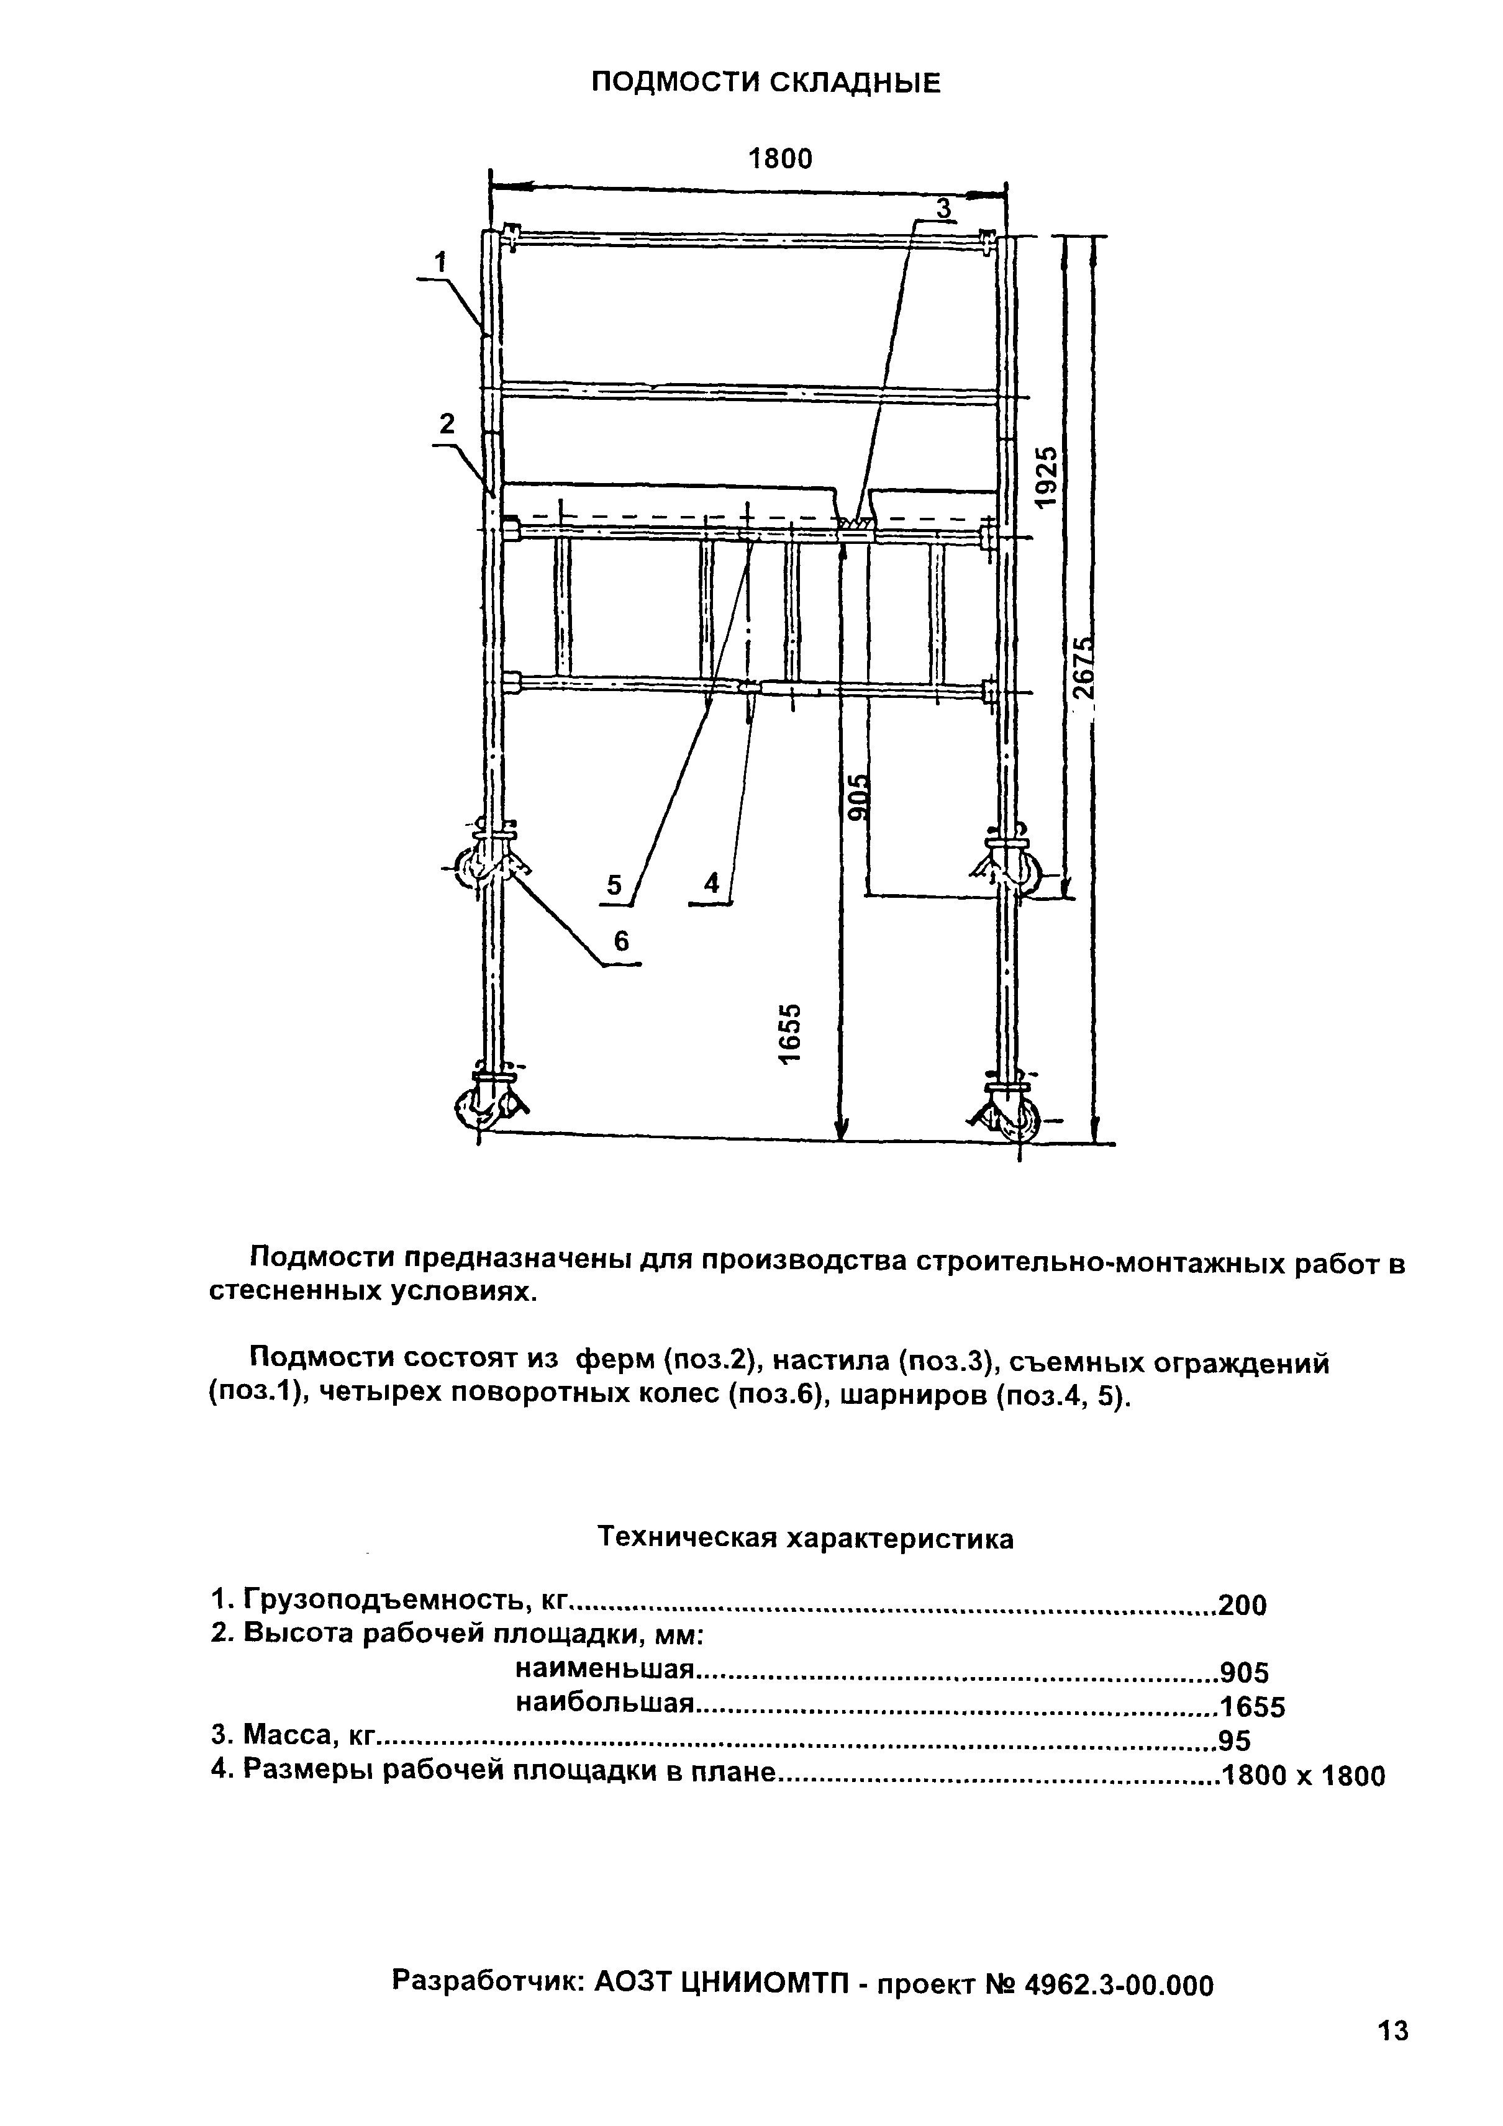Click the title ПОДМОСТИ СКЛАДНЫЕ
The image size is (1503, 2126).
point(765,83)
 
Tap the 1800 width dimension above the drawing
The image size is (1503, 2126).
point(779,160)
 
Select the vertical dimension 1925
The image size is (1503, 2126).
point(1045,477)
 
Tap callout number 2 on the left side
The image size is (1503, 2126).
point(447,424)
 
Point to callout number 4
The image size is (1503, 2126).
point(711,884)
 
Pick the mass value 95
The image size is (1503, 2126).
point(1235,1742)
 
